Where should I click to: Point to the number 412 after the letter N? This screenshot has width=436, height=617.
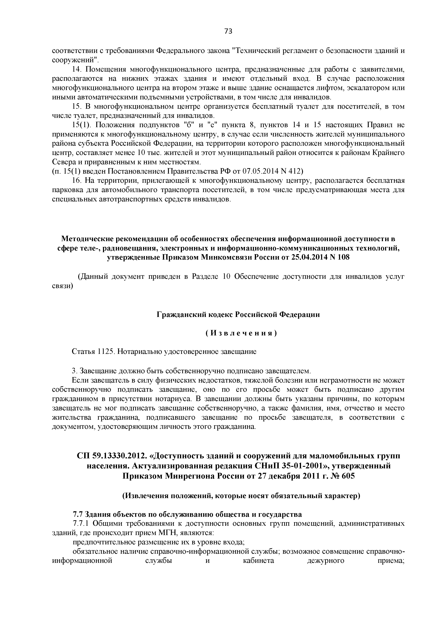294,171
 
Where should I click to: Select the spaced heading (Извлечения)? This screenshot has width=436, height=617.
241,333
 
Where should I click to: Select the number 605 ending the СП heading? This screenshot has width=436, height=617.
348,476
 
